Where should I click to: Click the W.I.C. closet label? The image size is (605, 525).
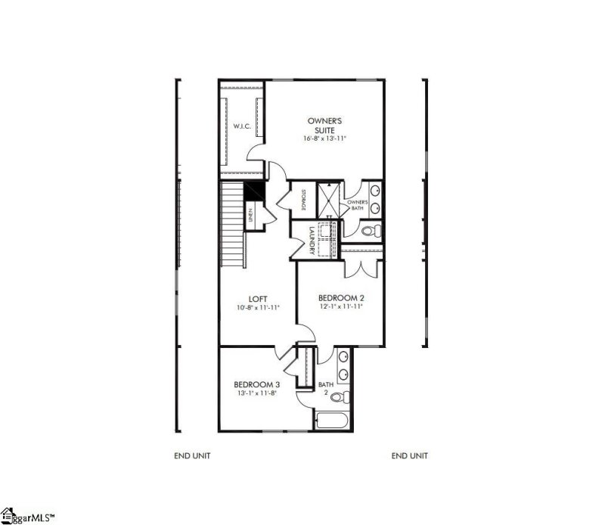242,126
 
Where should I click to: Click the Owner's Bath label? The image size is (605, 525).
357,205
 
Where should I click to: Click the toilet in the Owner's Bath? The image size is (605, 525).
371,230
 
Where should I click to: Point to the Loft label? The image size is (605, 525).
257,298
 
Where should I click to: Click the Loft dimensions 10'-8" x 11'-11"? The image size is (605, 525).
257,308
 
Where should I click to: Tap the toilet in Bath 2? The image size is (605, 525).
338,397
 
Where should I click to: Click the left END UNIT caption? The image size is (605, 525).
192,455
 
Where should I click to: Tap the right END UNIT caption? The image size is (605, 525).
410,455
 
